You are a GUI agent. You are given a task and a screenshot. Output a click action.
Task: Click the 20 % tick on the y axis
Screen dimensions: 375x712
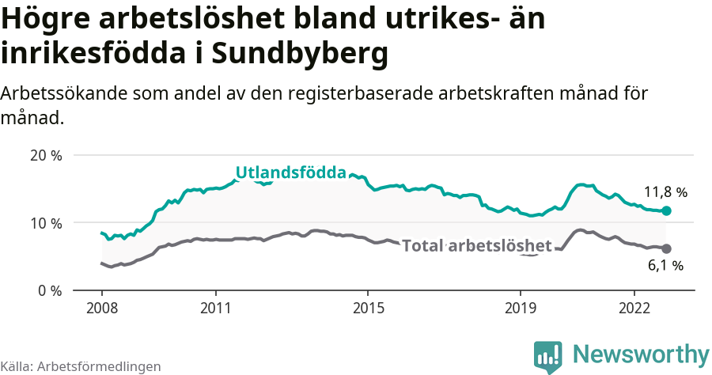[x=46, y=156]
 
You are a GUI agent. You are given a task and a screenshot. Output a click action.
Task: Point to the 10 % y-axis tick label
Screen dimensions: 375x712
[x=46, y=223]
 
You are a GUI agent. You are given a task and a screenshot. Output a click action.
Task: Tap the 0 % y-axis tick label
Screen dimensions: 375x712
[x=49, y=290]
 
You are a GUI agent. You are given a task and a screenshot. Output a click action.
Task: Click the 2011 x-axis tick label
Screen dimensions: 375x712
[x=216, y=307]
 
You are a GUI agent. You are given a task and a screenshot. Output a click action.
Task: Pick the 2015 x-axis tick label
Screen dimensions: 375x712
[x=368, y=307]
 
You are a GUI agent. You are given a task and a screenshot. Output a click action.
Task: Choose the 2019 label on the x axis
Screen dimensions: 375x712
[x=521, y=307]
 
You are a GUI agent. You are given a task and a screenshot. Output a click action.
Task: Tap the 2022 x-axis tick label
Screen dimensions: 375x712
[x=634, y=307]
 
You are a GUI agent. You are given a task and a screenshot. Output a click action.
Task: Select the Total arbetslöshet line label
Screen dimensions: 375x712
[x=476, y=246]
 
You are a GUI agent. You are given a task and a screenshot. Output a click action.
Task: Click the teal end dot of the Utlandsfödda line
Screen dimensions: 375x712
[x=666, y=211]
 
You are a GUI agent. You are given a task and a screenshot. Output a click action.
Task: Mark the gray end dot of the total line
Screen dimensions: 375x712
[x=666, y=248]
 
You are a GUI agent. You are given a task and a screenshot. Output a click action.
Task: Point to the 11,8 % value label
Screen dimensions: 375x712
[x=665, y=192]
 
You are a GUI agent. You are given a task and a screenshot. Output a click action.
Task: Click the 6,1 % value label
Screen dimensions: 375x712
[x=665, y=266]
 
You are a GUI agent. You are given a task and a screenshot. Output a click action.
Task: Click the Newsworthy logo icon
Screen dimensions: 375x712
[x=548, y=357]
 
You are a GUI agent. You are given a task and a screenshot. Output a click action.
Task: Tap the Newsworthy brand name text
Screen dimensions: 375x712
[x=641, y=354]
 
